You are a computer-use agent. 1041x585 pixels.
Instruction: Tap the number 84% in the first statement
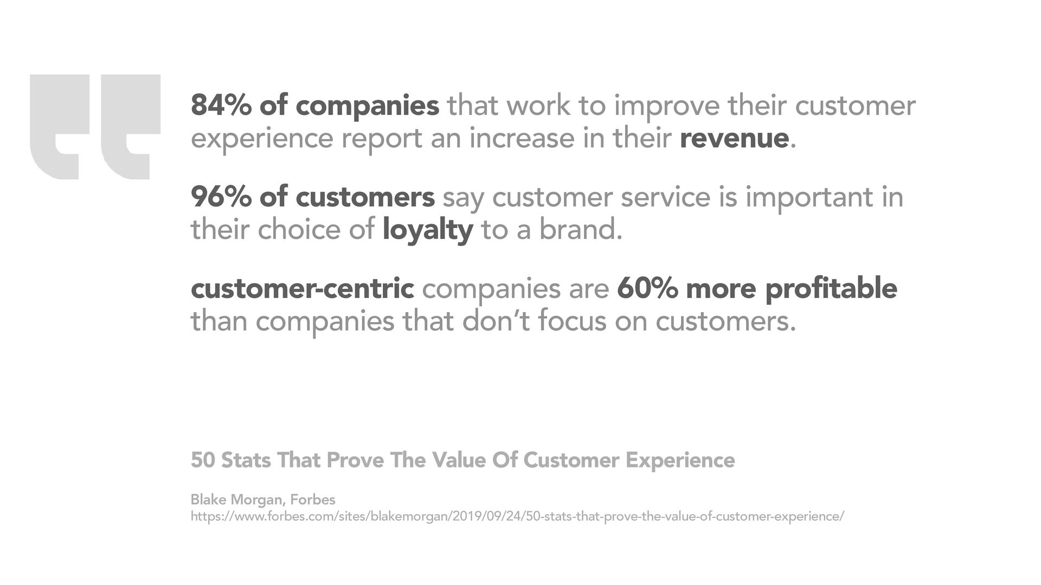(x=221, y=105)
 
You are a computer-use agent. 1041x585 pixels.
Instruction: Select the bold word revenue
(x=734, y=139)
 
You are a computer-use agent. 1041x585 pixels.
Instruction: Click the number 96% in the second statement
(x=221, y=197)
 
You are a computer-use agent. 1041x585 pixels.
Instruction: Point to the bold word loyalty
(x=428, y=230)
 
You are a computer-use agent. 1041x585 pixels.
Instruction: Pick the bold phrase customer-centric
(x=303, y=288)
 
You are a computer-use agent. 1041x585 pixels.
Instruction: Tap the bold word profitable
(x=831, y=289)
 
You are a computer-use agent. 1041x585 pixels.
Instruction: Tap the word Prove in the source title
(x=355, y=460)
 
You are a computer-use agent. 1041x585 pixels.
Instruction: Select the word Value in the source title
(x=459, y=460)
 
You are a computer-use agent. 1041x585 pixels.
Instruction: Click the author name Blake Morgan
(x=236, y=500)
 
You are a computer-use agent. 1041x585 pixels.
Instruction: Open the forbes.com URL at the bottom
(x=517, y=517)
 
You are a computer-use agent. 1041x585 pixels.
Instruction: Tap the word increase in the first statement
(x=522, y=139)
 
